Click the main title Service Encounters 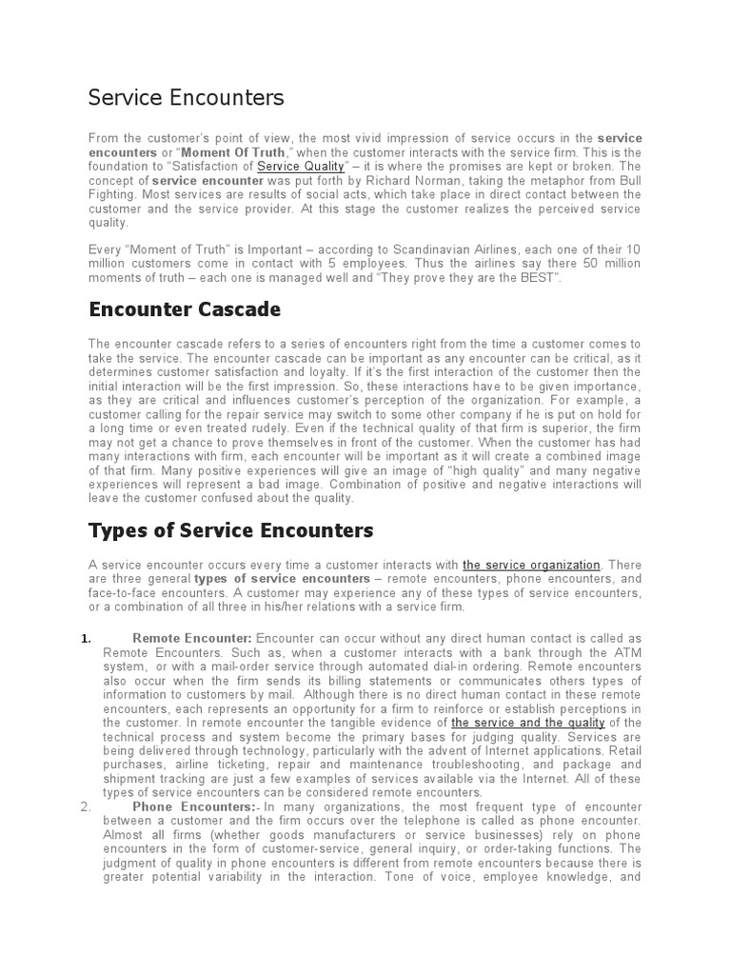pos(186,97)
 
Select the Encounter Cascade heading pos(184,309)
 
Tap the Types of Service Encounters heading pos(230,529)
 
